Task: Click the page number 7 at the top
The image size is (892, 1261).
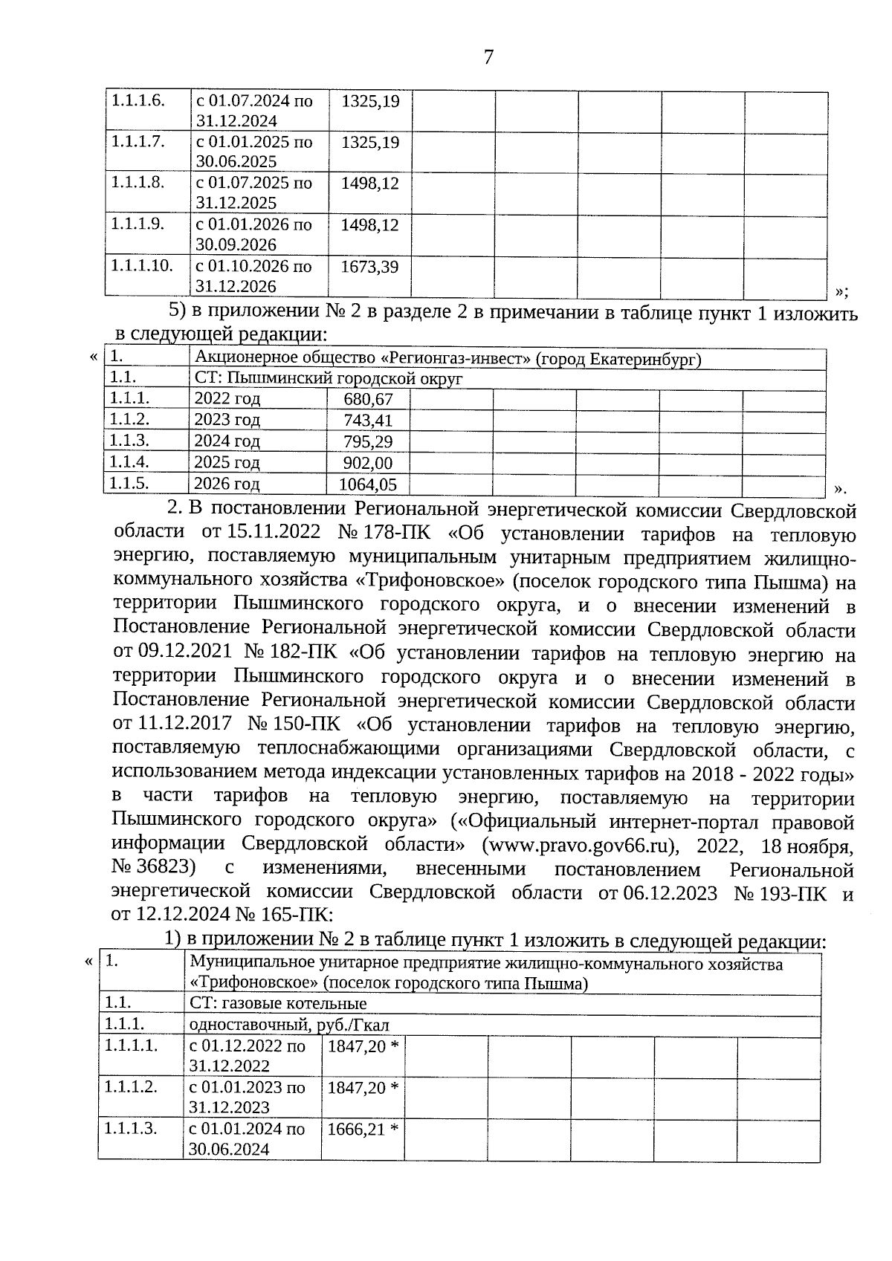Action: coord(488,57)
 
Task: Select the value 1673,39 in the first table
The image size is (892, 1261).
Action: coord(369,266)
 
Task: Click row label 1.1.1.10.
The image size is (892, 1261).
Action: coord(141,265)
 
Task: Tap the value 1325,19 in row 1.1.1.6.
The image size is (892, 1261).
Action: coord(369,100)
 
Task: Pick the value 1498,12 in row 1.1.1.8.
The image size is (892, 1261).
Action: coord(369,183)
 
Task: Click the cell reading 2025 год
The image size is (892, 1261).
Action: coord(227,463)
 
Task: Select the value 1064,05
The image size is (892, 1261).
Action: coord(367,485)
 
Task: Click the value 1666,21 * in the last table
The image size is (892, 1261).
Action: coord(362,1130)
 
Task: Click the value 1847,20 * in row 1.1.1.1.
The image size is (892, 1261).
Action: coord(362,1047)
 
